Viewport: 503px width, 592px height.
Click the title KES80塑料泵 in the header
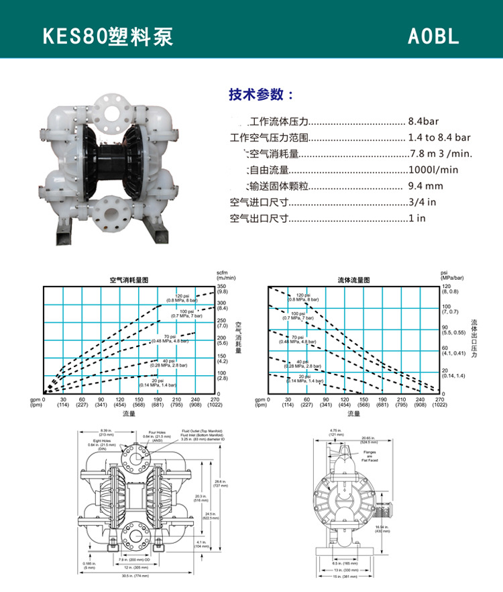[108, 36]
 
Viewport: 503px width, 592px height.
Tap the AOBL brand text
[433, 36]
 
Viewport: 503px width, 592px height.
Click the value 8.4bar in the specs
[423, 121]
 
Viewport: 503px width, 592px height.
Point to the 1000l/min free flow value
[433, 170]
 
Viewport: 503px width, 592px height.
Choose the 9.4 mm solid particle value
[425, 186]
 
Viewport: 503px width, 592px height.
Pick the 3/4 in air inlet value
[423, 202]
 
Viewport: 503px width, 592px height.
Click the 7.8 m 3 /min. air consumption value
[441, 154]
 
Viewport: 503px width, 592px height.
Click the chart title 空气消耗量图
[129, 279]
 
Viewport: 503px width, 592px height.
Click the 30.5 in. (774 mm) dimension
[131, 576]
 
